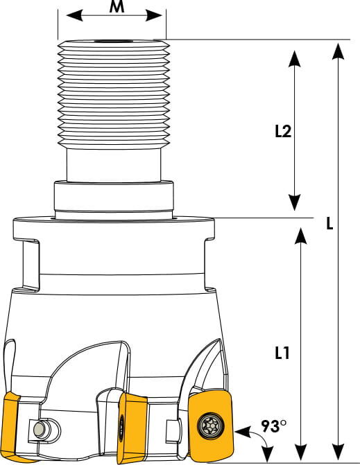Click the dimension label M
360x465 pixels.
click(117, 6)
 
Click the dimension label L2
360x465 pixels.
click(283, 131)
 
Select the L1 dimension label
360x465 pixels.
click(282, 353)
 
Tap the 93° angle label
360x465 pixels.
click(274, 426)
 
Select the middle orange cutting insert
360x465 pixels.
click(130, 426)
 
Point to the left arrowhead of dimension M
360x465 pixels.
click(74, 15)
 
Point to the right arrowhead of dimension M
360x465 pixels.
click(154, 15)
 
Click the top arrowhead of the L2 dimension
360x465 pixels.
click(294, 58)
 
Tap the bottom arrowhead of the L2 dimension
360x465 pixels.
click(294, 202)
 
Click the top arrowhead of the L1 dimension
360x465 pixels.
click(301, 236)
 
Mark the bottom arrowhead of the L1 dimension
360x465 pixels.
click(301, 453)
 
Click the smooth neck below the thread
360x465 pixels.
click(114, 165)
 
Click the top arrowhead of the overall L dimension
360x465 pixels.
click(338, 51)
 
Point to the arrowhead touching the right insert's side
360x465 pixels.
click(242, 432)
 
